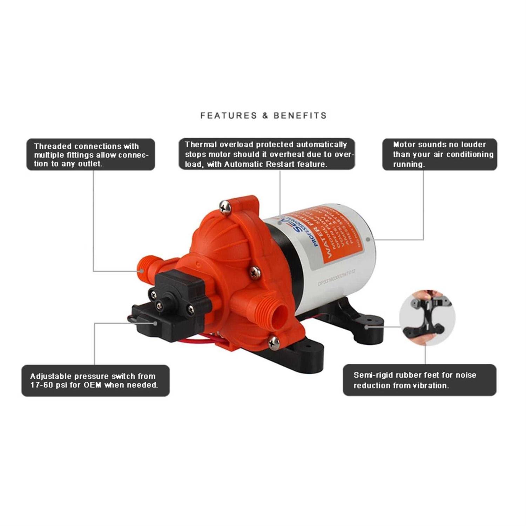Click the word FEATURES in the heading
[x=228, y=115]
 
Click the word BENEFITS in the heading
[x=300, y=115]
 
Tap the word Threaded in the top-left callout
[x=53, y=146]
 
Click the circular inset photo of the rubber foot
[x=427, y=318]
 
